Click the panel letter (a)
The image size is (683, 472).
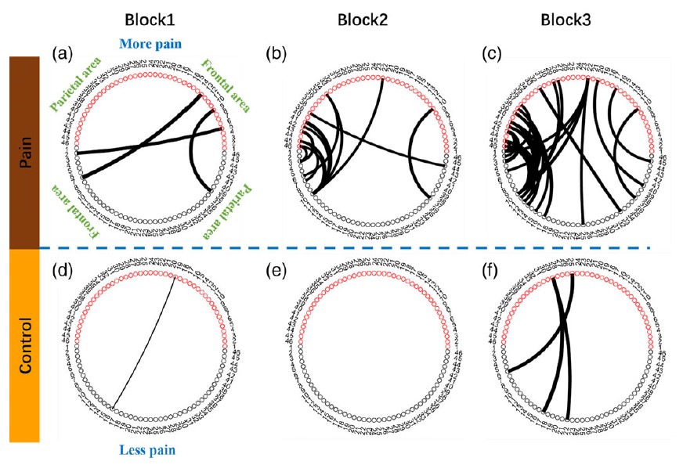[x=61, y=54]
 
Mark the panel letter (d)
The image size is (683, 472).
[x=61, y=271]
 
